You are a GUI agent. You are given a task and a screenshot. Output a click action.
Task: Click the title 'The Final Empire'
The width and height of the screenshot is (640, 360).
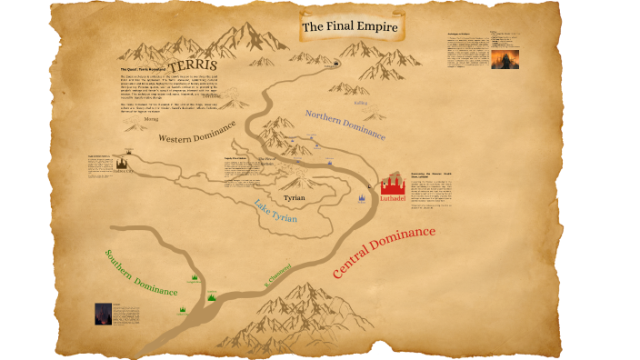coord(350,27)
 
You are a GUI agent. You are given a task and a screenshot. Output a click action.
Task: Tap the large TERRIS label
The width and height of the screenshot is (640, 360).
coord(190,65)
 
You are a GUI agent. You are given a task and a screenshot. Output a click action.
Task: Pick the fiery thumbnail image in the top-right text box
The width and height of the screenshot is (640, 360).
coord(504,57)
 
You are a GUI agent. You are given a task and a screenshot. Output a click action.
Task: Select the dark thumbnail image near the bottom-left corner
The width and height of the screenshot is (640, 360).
coord(102,314)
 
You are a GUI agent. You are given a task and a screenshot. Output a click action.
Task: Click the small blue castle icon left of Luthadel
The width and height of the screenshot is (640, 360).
coord(361,197)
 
